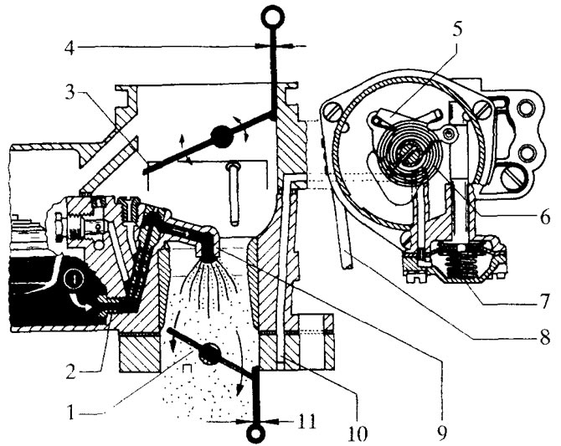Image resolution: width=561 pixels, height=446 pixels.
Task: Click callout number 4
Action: [x=69, y=47]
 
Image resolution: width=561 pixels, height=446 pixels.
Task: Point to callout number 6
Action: [x=544, y=217]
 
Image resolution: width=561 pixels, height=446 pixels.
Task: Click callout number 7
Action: [x=543, y=300]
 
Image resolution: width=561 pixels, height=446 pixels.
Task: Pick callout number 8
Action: [x=545, y=337]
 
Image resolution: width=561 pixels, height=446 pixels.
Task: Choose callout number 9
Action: [x=442, y=433]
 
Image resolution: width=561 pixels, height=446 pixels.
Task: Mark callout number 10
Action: [x=358, y=433]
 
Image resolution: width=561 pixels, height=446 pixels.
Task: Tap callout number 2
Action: [x=70, y=372]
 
